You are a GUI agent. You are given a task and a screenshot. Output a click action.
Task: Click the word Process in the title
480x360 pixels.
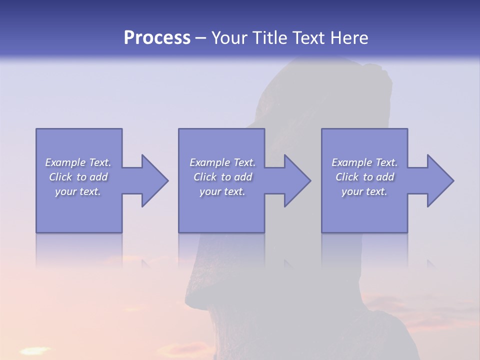click(x=157, y=38)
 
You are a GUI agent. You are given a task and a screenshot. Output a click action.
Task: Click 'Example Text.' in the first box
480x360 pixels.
click(x=78, y=162)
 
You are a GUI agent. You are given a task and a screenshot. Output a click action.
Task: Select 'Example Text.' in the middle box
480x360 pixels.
click(x=222, y=162)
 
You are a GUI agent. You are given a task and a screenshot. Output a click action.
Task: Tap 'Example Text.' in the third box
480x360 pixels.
click(x=364, y=162)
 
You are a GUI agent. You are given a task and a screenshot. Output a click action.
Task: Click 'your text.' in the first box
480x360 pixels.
click(x=78, y=191)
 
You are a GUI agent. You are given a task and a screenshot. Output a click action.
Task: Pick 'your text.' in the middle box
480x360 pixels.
click(x=222, y=191)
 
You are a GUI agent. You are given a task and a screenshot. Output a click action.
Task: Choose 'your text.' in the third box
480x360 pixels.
click(x=364, y=191)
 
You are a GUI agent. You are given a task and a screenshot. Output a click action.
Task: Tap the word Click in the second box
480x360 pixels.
click(x=205, y=177)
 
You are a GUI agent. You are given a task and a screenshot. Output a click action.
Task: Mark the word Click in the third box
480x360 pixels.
click(x=347, y=177)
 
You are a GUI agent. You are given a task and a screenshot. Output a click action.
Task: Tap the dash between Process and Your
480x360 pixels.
click(x=201, y=38)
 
